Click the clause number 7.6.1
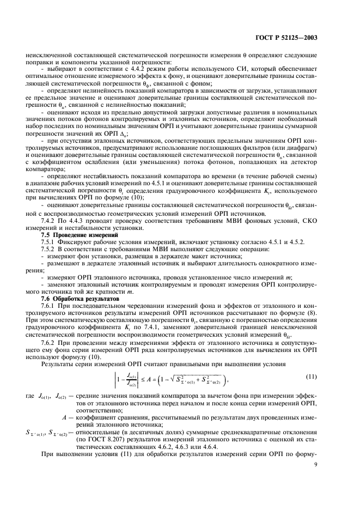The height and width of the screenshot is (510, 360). [x=51, y=307]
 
